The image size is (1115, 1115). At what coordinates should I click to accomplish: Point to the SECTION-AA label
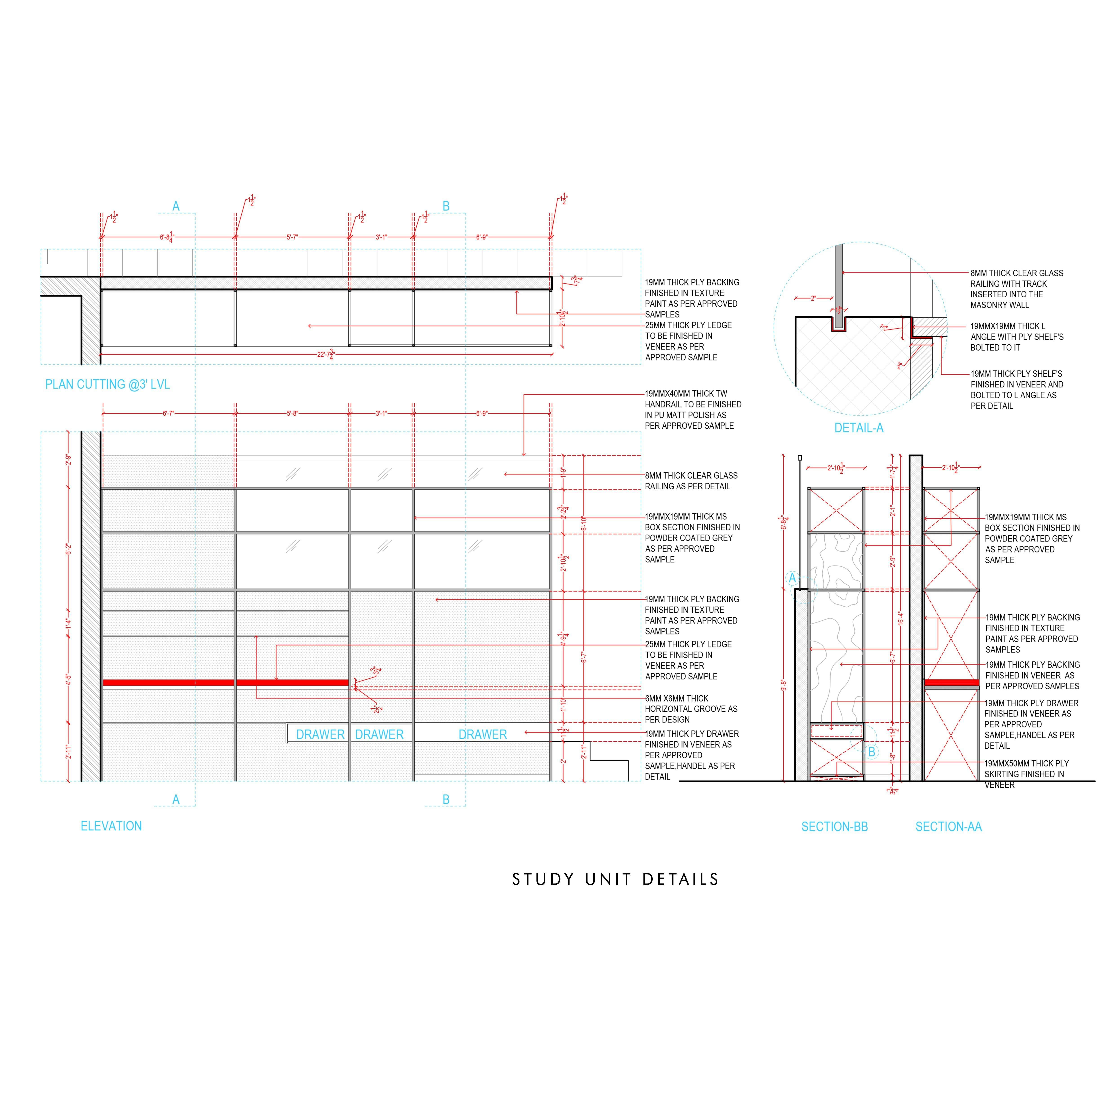point(948,826)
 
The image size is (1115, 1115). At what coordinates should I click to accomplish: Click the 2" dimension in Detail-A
point(813,298)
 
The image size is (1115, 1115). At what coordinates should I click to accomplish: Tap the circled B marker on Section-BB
point(871,751)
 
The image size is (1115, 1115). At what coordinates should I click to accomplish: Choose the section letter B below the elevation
point(445,799)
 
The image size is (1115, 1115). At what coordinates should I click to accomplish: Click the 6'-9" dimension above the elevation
point(481,413)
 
